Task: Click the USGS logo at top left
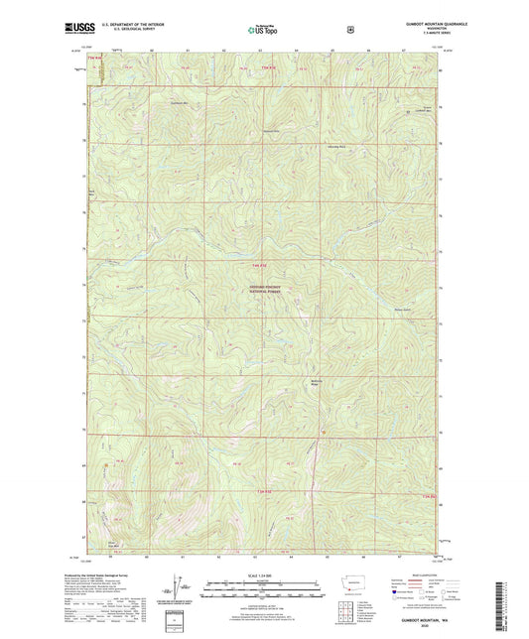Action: click(76, 28)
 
